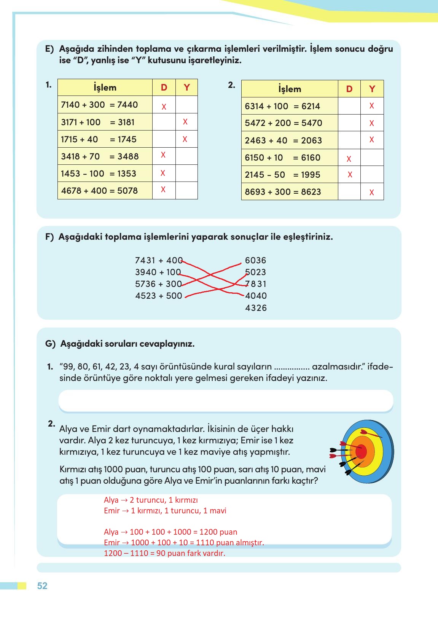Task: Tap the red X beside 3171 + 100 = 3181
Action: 185,122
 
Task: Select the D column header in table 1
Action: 164,88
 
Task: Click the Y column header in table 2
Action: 372,89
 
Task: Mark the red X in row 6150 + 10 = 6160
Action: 349,159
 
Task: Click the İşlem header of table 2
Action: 290,89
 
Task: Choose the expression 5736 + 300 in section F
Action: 158,284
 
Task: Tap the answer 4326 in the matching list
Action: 256,308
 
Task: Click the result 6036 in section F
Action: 255,260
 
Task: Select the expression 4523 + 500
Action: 158,296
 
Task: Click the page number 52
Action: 42,586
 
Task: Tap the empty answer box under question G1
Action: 226,400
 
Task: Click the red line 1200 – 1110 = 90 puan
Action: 164,553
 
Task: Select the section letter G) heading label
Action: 50,344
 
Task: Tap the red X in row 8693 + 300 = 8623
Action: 372,193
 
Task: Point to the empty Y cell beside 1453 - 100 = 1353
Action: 186,173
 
